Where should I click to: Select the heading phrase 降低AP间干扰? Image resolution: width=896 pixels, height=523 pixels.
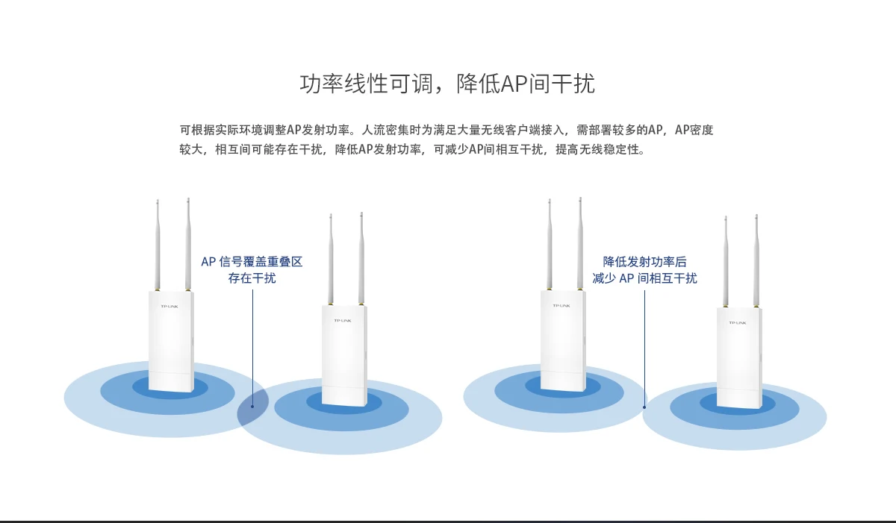(526, 84)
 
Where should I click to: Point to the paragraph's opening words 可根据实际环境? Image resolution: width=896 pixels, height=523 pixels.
(221, 130)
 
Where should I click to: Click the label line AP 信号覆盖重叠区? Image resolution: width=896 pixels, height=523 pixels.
(252, 262)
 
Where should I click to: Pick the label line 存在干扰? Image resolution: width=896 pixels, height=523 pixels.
(252, 278)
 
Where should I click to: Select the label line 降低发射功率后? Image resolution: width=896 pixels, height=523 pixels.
(644, 262)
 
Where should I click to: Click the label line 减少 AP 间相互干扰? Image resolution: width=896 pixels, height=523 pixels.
(644, 278)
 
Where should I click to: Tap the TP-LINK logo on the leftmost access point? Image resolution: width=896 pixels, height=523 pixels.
(169, 307)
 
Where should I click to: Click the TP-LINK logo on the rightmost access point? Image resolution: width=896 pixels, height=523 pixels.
(738, 322)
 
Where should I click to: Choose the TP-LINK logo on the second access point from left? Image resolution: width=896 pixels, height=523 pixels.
(343, 321)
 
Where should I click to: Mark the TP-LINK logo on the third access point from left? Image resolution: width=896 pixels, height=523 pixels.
(561, 305)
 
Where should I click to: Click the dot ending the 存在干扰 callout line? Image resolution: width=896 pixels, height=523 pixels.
(252, 407)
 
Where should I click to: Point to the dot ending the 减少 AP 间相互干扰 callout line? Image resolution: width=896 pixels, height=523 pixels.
(644, 407)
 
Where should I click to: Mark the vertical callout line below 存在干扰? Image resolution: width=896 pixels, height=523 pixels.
(252, 343)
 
